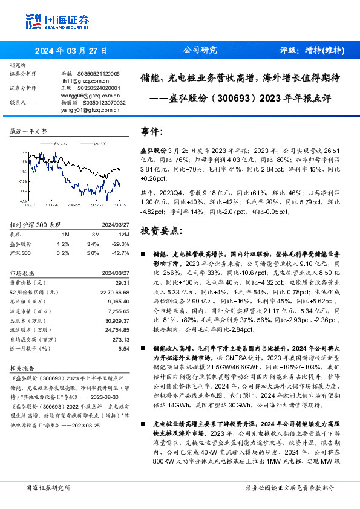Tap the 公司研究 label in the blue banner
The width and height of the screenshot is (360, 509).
point(200,51)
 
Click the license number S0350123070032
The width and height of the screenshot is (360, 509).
point(104,103)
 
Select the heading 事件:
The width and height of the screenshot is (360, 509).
point(152,131)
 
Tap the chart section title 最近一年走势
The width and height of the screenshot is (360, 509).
point(29,131)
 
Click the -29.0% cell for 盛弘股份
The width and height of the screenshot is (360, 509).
point(122,244)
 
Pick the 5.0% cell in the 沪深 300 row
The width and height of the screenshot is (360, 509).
point(93,253)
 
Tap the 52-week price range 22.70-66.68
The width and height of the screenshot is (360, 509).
point(114,292)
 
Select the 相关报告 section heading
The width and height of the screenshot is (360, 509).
point(22,368)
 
